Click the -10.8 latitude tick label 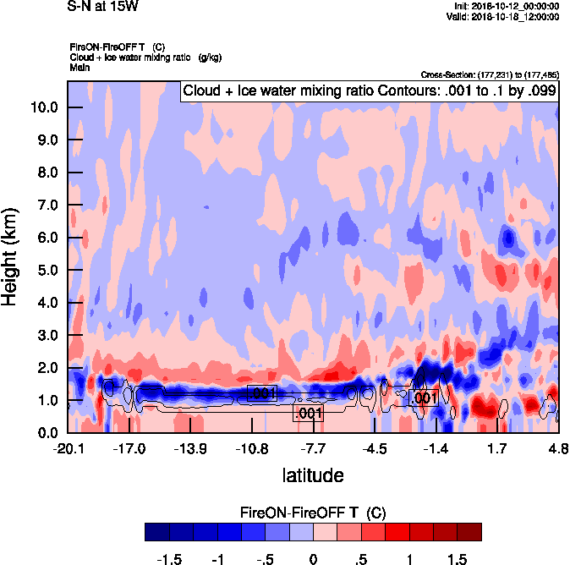(252, 447)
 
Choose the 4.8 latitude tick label (557, 447)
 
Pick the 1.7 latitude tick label (496, 447)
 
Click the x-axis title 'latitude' (312, 474)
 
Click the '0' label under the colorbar (313, 559)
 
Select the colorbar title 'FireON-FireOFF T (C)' (313, 512)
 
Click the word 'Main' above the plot (80, 65)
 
